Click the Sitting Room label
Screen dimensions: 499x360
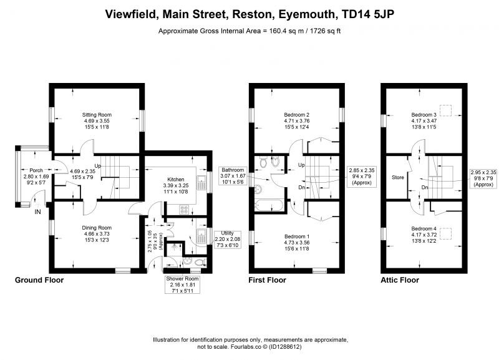click(97, 115)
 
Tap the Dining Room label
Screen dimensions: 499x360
click(97, 228)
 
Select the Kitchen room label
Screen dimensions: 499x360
click(176, 180)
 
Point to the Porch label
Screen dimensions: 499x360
click(36, 170)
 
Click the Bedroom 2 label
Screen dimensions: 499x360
click(297, 115)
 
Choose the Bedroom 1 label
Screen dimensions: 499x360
click(297, 236)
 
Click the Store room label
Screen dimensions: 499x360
click(398, 178)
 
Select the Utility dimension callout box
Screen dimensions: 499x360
click(227, 240)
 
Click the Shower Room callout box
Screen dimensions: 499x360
click(182, 285)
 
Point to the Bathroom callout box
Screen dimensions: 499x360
click(233, 176)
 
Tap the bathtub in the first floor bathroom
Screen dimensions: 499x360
click(269, 205)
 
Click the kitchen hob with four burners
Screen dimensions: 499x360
click(184, 210)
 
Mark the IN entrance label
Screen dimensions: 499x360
click(37, 212)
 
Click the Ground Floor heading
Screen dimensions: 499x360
click(39, 280)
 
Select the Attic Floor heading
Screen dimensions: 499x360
click(400, 280)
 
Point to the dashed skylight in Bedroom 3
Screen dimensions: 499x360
click(445, 110)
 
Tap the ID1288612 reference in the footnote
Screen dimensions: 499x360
click(285, 347)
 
